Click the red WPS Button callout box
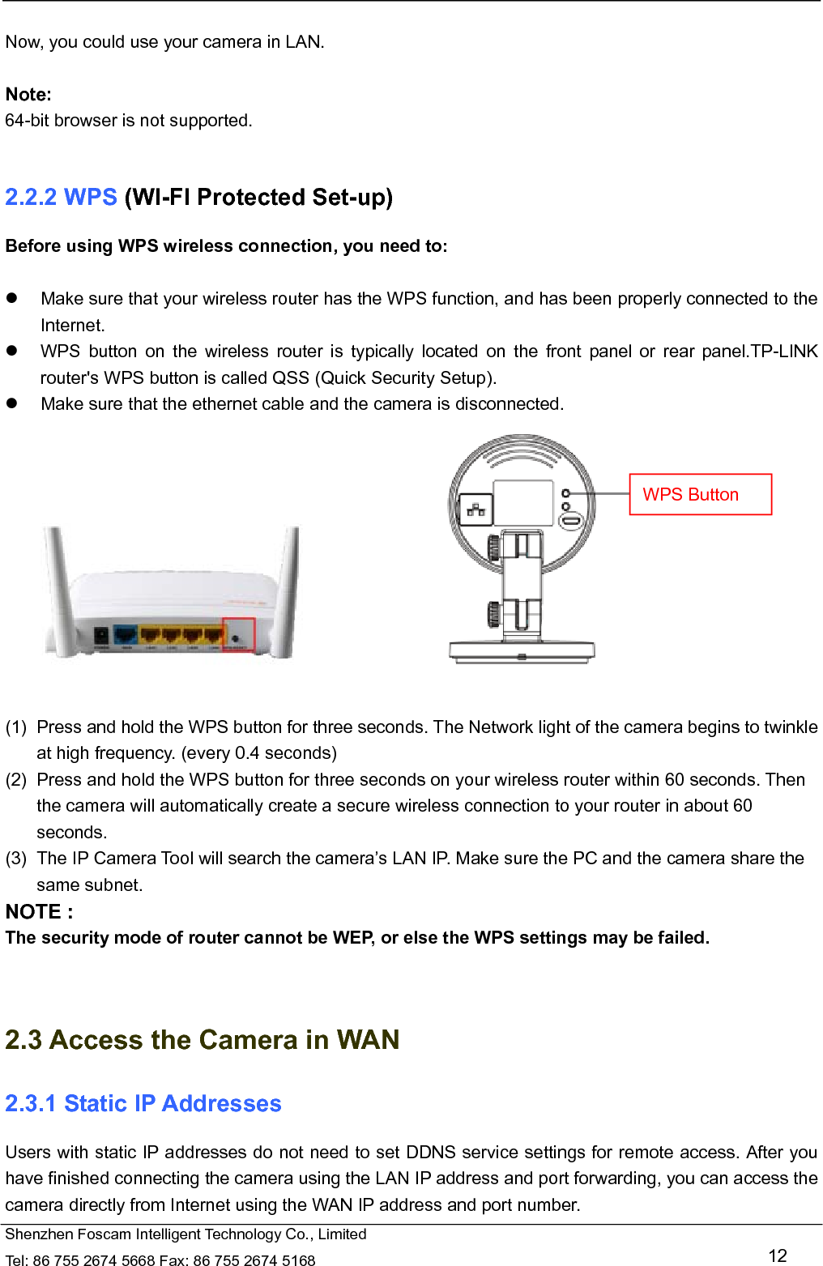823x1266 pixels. tap(700, 494)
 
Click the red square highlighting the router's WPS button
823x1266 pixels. tap(238, 635)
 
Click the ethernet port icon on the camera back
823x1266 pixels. tap(476, 509)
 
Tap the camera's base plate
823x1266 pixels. tap(522, 650)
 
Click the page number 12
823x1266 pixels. tap(777, 1255)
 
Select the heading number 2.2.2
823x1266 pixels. tap(31, 198)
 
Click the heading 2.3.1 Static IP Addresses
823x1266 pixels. tap(143, 1103)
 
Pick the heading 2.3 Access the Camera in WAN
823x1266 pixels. tap(203, 1039)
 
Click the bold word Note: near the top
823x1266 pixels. tap(28, 95)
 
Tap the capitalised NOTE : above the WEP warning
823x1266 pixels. tap(39, 912)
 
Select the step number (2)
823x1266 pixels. tap(16, 780)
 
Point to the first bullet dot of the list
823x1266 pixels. tap(12, 298)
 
